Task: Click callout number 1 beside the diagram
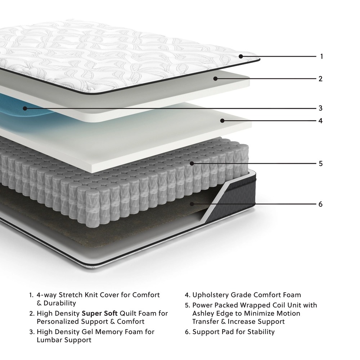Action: coord(321,57)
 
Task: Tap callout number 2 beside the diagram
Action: coord(320,78)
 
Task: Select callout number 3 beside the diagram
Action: coord(320,108)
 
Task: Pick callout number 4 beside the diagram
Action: coord(320,121)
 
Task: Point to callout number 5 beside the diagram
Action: coord(320,163)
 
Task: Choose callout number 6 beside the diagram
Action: coord(320,204)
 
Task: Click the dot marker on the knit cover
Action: coord(240,57)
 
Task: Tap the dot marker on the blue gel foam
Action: coord(24,108)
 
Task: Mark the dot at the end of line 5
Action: coord(192,163)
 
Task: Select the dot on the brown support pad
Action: coord(192,204)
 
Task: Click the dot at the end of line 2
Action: coord(215,78)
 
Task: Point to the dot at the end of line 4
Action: coord(222,121)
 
